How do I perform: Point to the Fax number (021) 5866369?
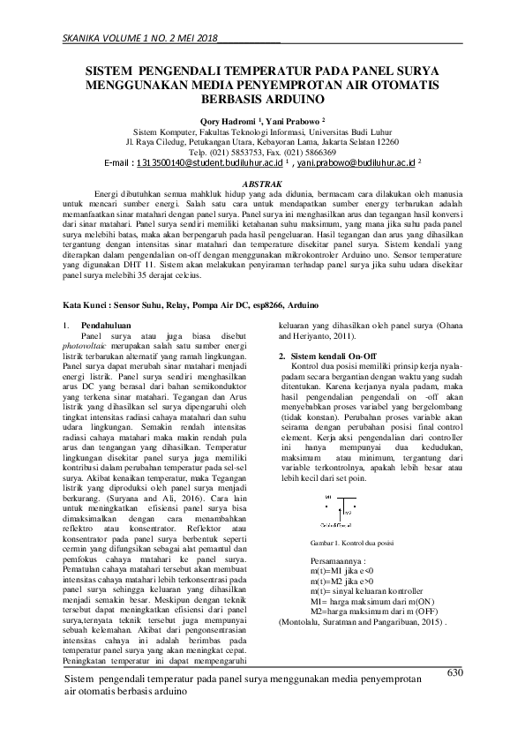319,152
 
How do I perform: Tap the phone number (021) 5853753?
246,152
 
